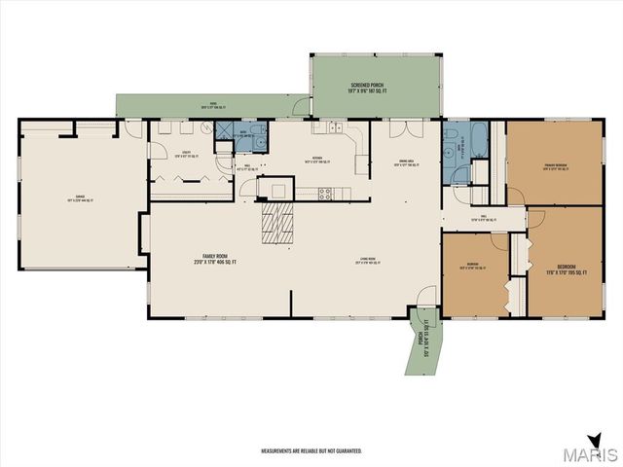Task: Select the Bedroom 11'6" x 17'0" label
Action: coord(567,269)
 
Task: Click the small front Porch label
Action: coord(421,344)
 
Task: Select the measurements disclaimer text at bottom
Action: coord(311,451)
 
